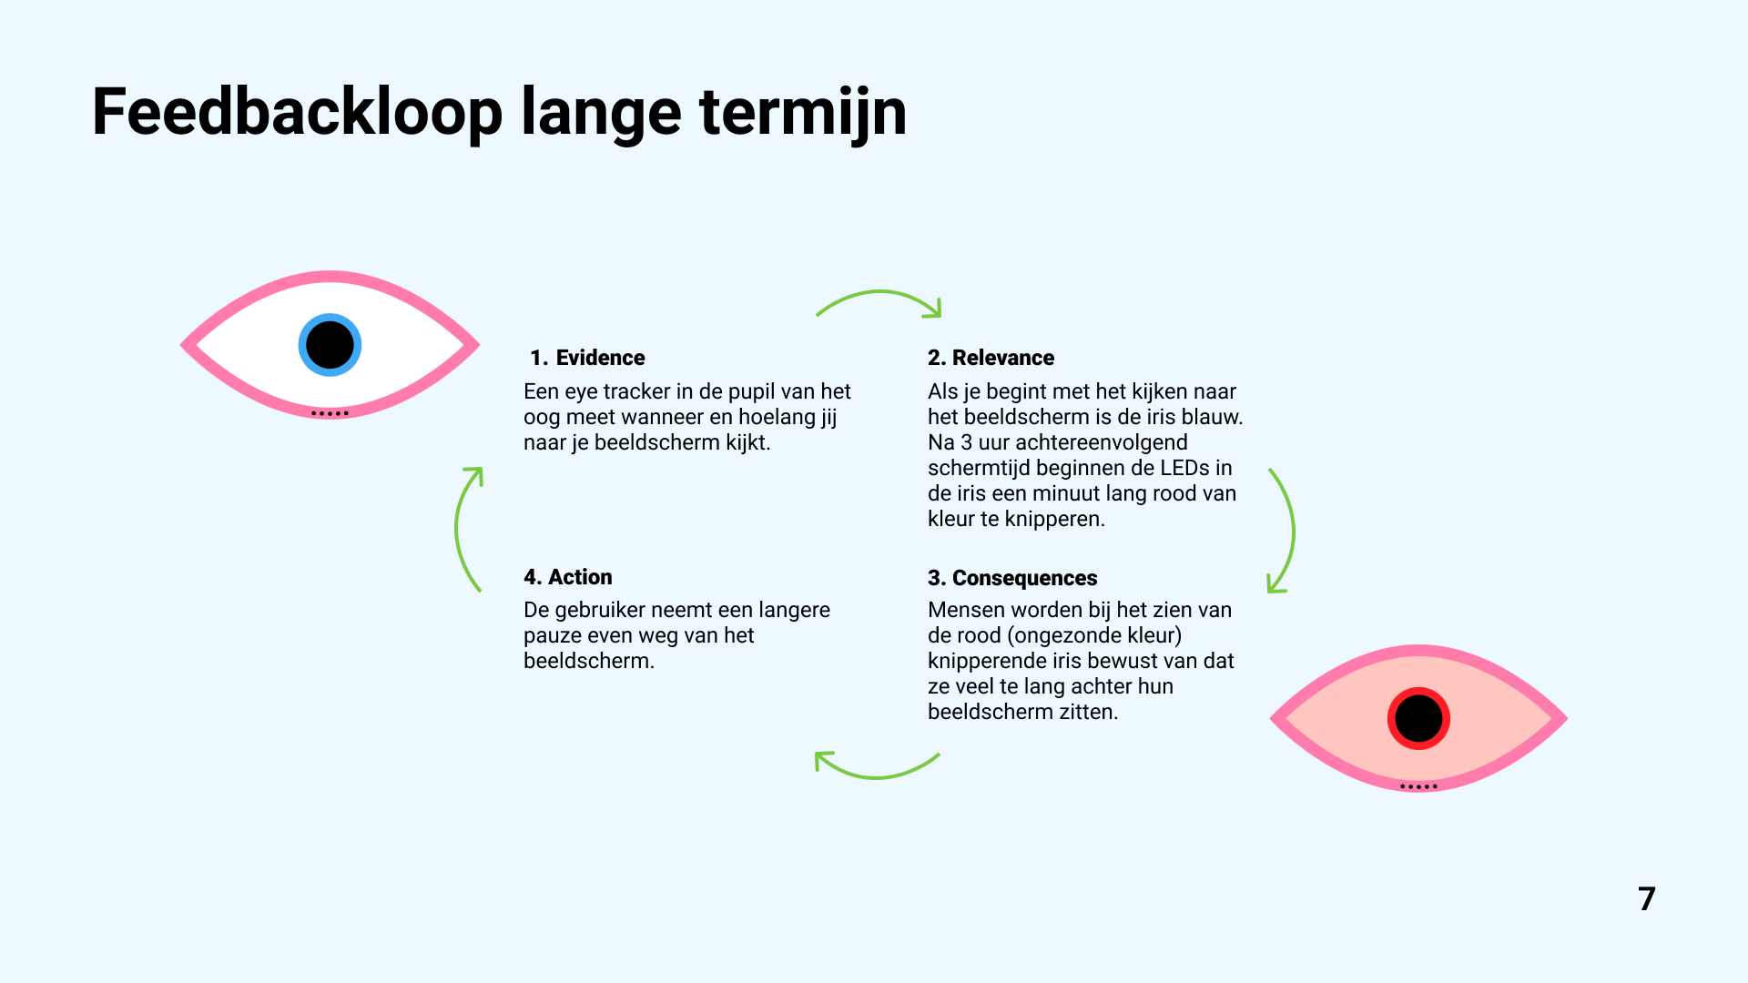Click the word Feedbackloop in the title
[x=297, y=113]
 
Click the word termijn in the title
[x=802, y=113]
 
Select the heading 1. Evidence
[x=587, y=358]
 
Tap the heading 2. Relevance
[x=991, y=358]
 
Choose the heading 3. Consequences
[x=1012, y=578]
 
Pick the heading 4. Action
[x=567, y=577]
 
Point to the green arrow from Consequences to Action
[x=876, y=769]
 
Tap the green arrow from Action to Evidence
[x=463, y=529]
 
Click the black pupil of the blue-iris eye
[x=330, y=345]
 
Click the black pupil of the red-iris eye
[x=1418, y=719]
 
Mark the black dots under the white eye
[x=330, y=413]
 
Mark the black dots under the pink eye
[x=1418, y=786]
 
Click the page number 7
[x=1646, y=899]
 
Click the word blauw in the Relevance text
[x=1211, y=417]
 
